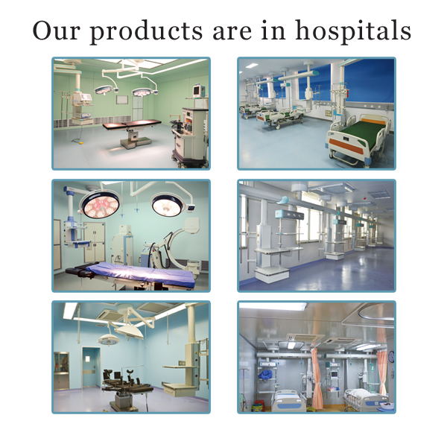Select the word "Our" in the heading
[57, 31]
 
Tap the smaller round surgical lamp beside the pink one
[168, 203]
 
